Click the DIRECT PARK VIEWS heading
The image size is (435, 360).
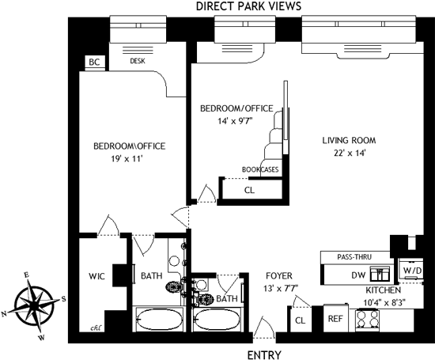(x=248, y=6)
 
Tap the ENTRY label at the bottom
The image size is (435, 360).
(x=264, y=355)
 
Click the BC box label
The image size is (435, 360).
(x=94, y=62)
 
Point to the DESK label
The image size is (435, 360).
(x=138, y=61)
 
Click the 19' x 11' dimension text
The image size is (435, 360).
(x=127, y=159)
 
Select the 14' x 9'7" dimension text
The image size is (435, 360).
(x=236, y=121)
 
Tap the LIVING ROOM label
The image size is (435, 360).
(x=349, y=140)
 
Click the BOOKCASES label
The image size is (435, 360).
(x=260, y=169)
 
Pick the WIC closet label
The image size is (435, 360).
(x=96, y=276)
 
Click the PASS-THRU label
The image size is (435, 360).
(x=354, y=256)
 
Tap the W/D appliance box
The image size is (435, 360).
(x=410, y=269)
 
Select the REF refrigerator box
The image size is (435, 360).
(x=335, y=318)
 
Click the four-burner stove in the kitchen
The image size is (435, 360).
(x=368, y=320)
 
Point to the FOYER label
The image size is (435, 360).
(x=279, y=275)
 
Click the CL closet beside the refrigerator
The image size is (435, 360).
(x=301, y=320)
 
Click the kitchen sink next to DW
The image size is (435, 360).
(x=380, y=275)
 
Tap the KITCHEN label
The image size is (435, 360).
(x=383, y=290)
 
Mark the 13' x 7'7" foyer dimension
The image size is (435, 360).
(x=281, y=288)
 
